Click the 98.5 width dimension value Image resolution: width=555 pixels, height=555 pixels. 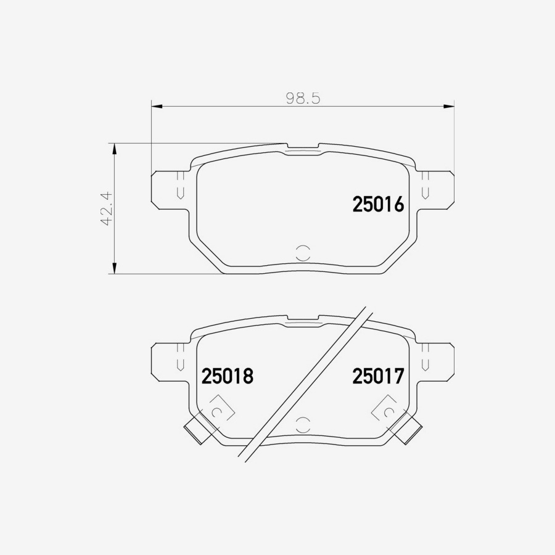303,98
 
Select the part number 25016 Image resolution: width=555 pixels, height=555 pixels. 378,205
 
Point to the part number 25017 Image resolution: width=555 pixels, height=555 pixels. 378,376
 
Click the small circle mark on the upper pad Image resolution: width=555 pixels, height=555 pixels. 303,252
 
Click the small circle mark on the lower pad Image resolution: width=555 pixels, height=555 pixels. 303,424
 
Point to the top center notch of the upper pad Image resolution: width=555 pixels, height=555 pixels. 303,149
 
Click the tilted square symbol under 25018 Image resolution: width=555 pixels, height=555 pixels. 216,411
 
